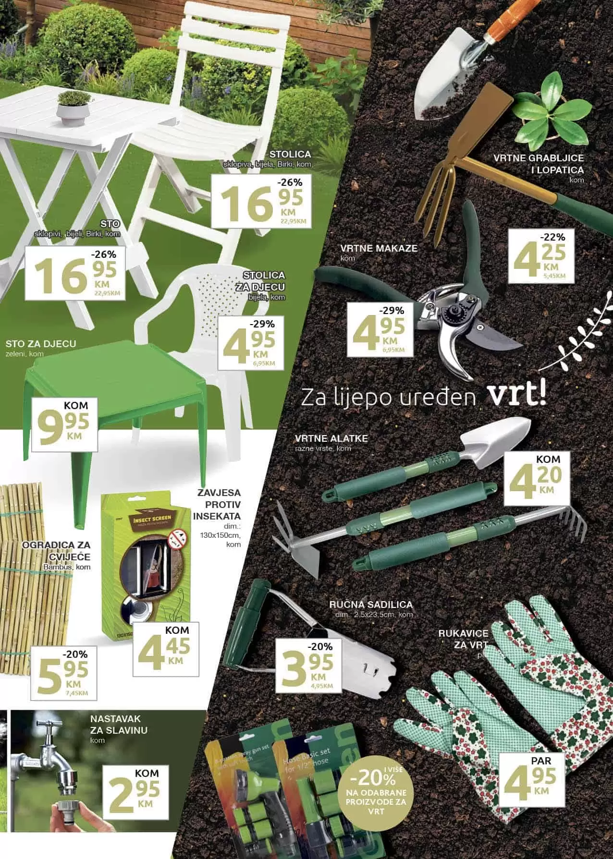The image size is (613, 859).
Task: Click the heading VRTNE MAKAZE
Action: click(x=379, y=248)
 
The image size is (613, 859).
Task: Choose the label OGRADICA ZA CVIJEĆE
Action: click(x=56, y=550)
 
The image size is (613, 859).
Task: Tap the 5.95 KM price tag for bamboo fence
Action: click(x=63, y=673)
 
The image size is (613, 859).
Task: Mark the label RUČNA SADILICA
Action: click(x=371, y=605)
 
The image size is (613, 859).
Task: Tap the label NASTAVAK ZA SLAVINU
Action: click(x=119, y=725)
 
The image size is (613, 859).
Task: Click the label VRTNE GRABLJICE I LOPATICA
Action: click(x=538, y=164)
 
